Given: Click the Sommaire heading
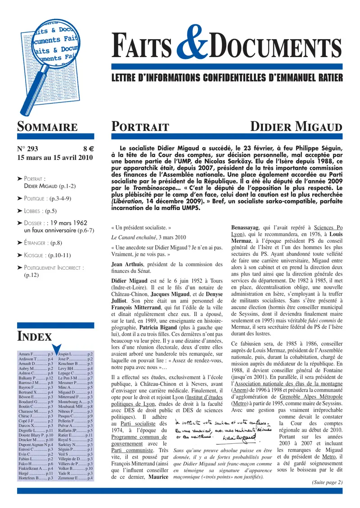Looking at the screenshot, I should (x=47, y=127).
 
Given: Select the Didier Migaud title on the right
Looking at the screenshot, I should (x=296, y=127).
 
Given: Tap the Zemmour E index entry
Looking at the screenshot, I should (x=75, y=478).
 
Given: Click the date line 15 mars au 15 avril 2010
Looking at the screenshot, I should (x=54, y=158).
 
